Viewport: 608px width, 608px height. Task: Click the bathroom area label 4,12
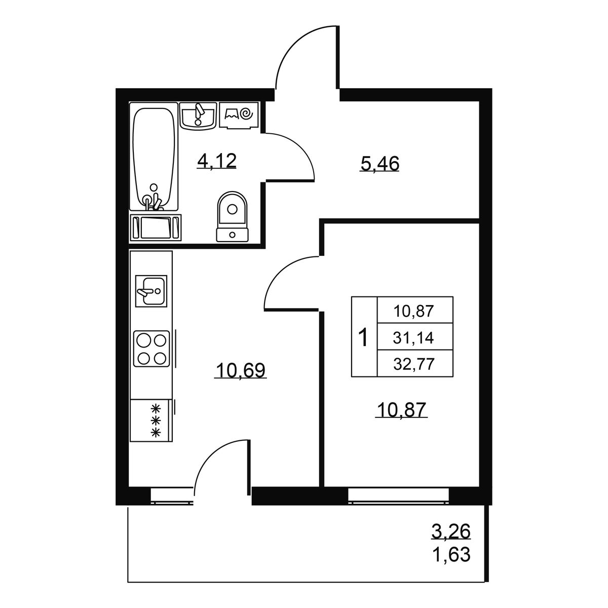pos(216,161)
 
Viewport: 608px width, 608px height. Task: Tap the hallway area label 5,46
pos(379,164)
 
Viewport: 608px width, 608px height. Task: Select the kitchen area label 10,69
pos(241,370)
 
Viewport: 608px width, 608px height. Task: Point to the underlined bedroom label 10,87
pos(401,409)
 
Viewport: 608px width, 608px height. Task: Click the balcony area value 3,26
pos(451,531)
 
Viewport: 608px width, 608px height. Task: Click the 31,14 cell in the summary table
pos(413,338)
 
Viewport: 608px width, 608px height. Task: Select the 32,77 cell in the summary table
pos(413,365)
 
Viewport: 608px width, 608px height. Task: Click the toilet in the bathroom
pos(232,216)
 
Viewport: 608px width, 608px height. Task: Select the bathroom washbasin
pos(198,116)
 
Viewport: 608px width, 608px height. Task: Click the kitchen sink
pos(151,291)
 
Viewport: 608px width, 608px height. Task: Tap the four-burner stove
pos(152,349)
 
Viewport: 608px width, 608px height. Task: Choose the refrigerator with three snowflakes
pos(151,420)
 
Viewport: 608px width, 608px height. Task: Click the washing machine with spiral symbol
pos(239,115)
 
